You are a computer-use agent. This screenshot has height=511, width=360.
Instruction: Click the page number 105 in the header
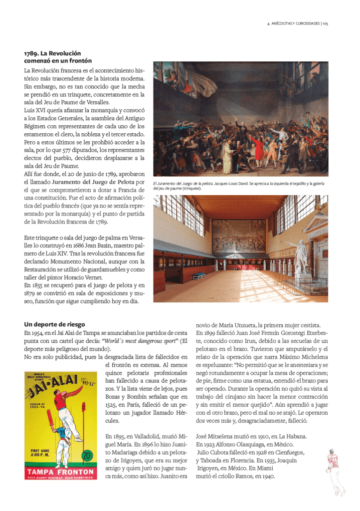(325, 23)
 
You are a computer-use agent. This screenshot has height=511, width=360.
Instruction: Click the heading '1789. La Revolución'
(52, 53)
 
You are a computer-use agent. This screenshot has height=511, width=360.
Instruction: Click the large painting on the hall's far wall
(239, 236)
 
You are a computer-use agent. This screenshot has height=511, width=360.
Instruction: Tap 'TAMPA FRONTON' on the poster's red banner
(60, 472)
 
